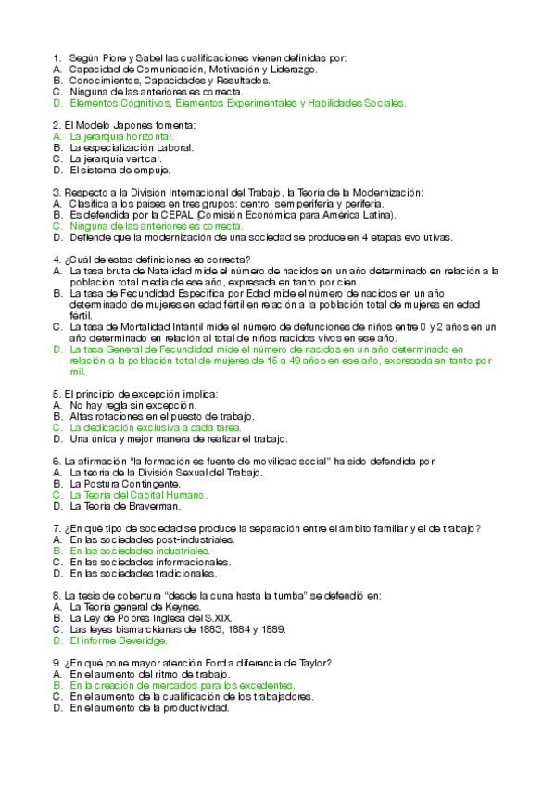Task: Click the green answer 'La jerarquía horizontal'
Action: [x=121, y=136]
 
